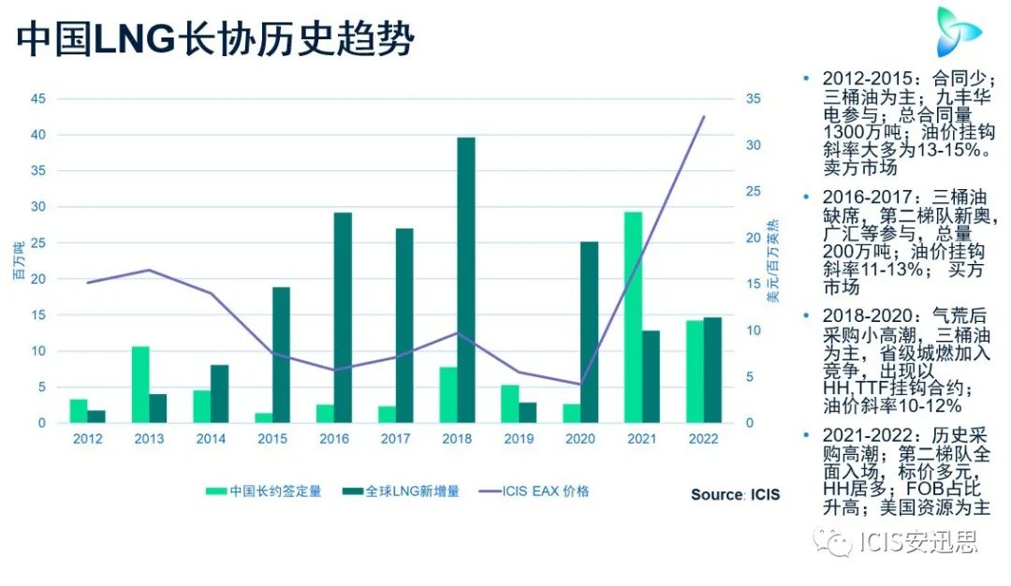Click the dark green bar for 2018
[466, 280]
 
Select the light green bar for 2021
[633, 317]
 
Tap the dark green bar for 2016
[343, 317]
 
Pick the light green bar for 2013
[139, 384]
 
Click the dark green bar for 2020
[589, 331]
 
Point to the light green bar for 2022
[695, 371]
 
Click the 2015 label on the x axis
[272, 439]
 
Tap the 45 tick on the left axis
[38, 99]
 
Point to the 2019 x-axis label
[519, 439]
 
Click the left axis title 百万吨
[17, 261]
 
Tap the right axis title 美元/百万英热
[772, 266]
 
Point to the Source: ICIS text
[735, 494]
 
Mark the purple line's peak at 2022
[703, 117]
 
